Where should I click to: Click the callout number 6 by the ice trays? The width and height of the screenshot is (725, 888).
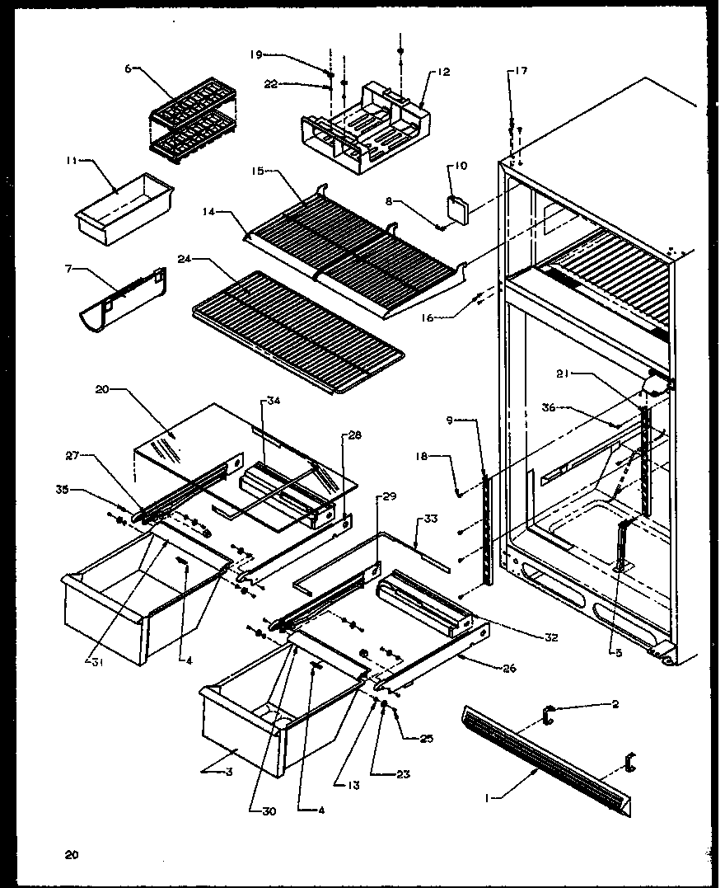[129, 69]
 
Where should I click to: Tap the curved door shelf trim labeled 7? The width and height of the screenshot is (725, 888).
[124, 298]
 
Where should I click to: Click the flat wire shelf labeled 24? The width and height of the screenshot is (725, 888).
[297, 330]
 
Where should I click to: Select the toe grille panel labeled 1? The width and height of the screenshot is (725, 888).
[544, 759]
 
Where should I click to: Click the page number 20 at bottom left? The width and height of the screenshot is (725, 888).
[72, 854]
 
